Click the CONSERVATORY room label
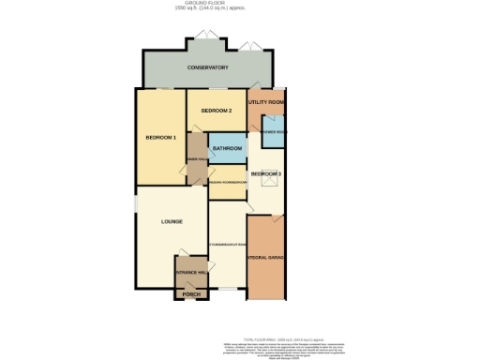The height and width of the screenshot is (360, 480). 207,67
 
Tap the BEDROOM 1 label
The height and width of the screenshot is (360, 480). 160,138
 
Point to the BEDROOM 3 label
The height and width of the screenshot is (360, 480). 266,174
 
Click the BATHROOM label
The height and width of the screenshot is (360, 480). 227,149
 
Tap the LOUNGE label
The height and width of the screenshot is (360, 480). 171,221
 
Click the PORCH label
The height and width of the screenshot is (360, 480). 190,293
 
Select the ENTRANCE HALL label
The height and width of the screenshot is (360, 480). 190,272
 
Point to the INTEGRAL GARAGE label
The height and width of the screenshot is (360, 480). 267,256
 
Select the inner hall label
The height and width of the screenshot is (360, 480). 197,160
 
